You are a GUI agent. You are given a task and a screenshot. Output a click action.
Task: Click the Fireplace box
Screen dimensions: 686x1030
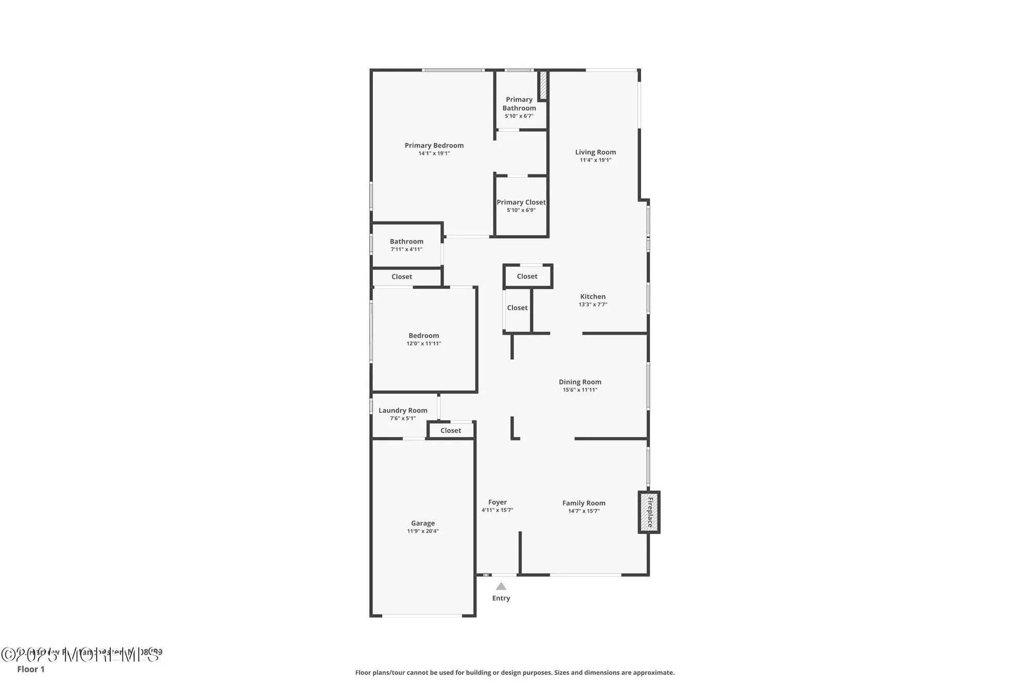pyautogui.click(x=649, y=512)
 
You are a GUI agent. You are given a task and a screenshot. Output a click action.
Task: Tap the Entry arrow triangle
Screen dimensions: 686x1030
pyautogui.click(x=501, y=586)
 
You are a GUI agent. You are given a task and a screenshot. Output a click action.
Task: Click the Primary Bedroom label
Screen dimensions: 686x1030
pyautogui.click(x=434, y=146)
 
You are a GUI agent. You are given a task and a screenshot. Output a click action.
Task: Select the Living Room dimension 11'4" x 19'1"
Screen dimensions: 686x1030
pyautogui.click(x=595, y=160)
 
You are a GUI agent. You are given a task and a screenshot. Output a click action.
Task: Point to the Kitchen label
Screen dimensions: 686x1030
pyautogui.click(x=593, y=296)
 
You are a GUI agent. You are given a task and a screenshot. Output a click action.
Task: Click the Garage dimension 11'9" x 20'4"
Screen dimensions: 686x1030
pyautogui.click(x=423, y=531)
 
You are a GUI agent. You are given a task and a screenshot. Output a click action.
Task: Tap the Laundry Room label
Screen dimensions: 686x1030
pyautogui.click(x=403, y=410)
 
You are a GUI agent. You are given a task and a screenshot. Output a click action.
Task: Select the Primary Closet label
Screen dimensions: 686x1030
pyautogui.click(x=521, y=202)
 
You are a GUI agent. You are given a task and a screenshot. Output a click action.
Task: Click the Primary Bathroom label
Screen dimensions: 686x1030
pyautogui.click(x=519, y=103)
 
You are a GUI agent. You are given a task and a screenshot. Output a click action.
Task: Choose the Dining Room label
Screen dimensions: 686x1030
pyautogui.click(x=580, y=382)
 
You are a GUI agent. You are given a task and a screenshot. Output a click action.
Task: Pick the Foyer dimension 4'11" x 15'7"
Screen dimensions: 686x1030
pyautogui.click(x=497, y=510)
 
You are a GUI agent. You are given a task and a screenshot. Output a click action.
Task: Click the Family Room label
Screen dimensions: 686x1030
pyautogui.click(x=583, y=503)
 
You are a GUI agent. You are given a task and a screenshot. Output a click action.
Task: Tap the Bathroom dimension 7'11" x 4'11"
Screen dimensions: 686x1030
pyautogui.click(x=406, y=249)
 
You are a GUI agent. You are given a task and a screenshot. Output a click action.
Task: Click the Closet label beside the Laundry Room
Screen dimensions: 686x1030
pyautogui.click(x=451, y=430)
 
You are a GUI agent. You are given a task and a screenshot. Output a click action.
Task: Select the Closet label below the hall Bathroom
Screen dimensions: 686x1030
pyautogui.click(x=402, y=276)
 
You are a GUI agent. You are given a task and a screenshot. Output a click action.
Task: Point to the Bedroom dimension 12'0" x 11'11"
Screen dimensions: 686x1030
pyautogui.click(x=424, y=343)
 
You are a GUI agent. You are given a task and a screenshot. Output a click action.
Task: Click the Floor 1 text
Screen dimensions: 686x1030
pyautogui.click(x=31, y=669)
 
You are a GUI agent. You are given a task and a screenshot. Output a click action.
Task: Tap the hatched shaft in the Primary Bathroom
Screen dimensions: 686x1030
pyautogui.click(x=543, y=85)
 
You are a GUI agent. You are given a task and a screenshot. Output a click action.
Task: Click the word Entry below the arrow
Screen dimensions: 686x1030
pyautogui.click(x=501, y=598)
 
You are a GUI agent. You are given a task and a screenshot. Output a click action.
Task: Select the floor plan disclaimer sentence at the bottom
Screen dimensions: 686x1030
pyautogui.click(x=514, y=672)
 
